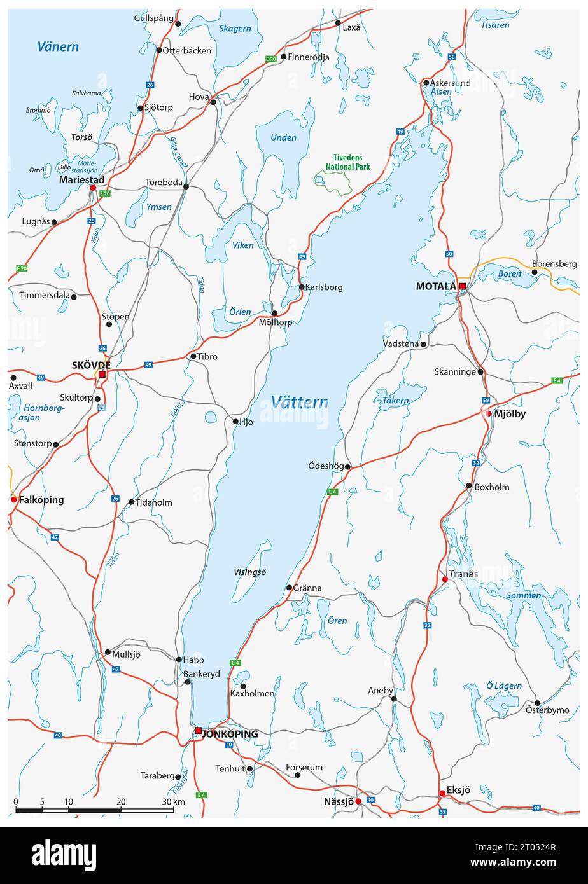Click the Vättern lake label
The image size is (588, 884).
coord(299,402)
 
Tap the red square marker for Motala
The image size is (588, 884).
coord(463,287)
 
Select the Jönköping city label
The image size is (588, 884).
coord(230,734)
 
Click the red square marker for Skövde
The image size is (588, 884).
coord(102,375)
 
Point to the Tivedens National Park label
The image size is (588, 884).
coord(347,162)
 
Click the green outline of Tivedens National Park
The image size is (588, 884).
coord(333,183)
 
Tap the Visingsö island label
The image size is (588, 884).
coord(250,572)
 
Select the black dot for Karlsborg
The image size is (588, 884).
coord(302,287)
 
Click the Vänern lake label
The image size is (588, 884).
coord(58,46)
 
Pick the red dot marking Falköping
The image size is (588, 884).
coord(13,500)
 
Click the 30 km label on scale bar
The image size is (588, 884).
coord(173,801)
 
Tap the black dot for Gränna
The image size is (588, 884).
coord(289,588)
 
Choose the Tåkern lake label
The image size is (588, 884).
coord(395,401)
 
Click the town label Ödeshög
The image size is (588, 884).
coord(322,466)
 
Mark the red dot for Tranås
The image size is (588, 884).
coord(445,579)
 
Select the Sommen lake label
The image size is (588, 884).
coord(524,596)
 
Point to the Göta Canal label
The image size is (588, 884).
coord(179,153)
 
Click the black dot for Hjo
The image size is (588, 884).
coord(235,421)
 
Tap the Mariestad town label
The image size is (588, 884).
coord(81,180)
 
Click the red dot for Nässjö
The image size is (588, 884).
coord(358,801)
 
